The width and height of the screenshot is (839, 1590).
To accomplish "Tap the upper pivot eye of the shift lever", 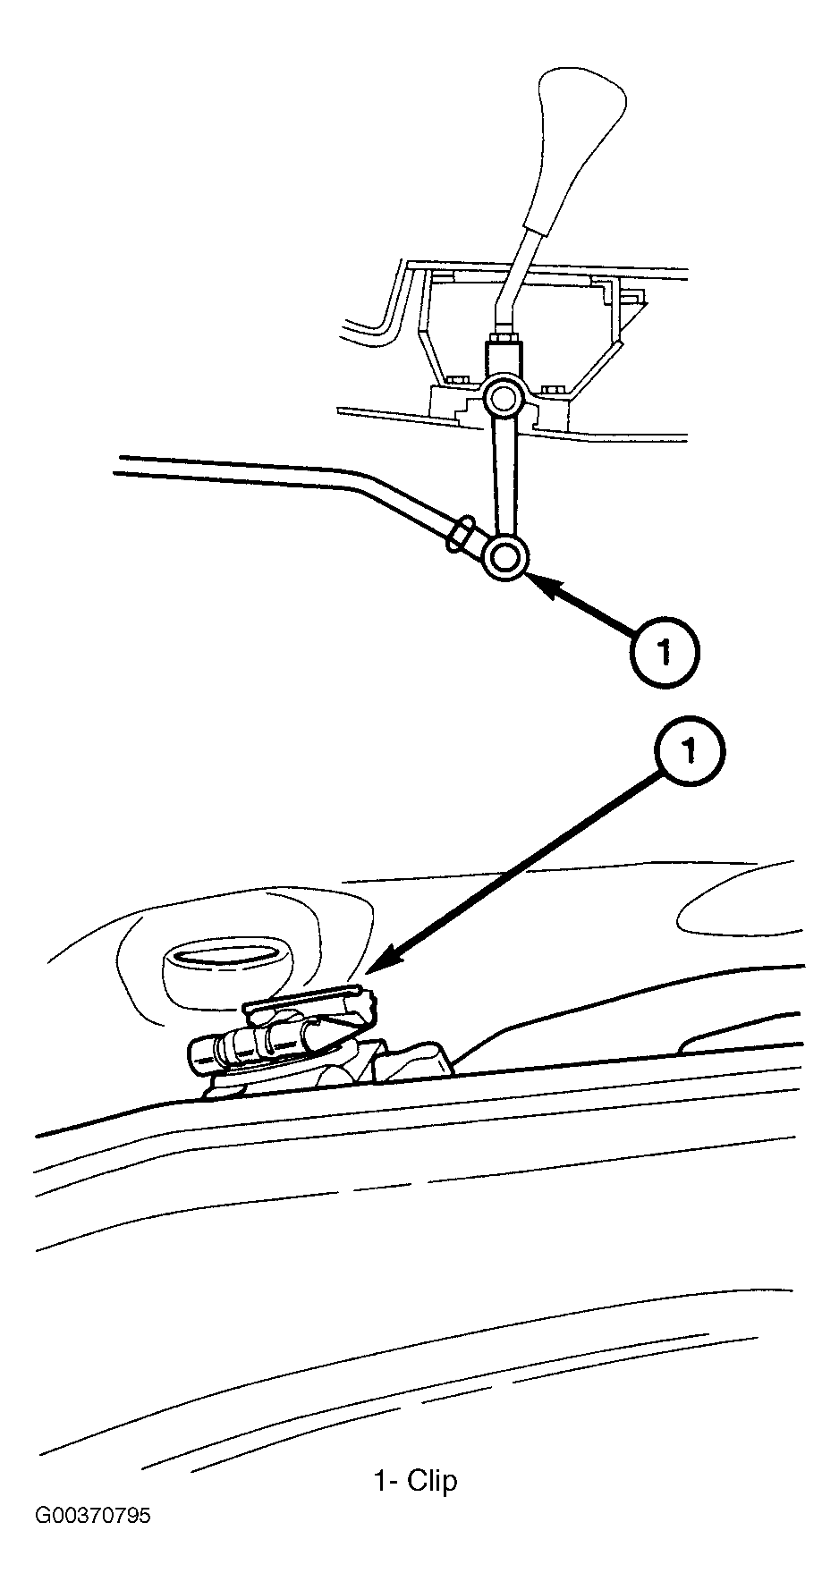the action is click(501, 394).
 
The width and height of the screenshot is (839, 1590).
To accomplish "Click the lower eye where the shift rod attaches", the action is click(504, 557).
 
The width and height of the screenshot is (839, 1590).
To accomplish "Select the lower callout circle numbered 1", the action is click(689, 752).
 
